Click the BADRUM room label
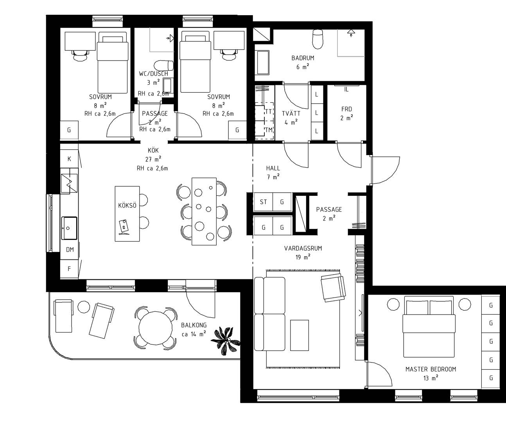click(x=303, y=58)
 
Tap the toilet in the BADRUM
click(x=318, y=39)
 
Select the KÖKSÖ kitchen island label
click(x=127, y=206)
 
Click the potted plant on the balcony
click(x=226, y=341)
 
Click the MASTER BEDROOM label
click(x=431, y=369)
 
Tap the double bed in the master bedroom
click(x=429, y=327)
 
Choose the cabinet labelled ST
click(x=263, y=202)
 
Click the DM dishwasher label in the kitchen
click(x=70, y=249)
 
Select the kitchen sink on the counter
click(x=69, y=228)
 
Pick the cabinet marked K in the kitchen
click(x=69, y=159)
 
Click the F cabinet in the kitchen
click(x=69, y=269)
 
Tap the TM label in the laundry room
click(x=269, y=130)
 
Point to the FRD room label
click(x=346, y=109)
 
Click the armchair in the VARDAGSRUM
click(x=333, y=288)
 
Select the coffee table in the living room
click(x=300, y=335)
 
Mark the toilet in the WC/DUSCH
click(x=164, y=66)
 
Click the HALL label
click(x=273, y=168)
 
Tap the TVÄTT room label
click(x=291, y=114)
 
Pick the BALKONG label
click(x=194, y=325)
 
